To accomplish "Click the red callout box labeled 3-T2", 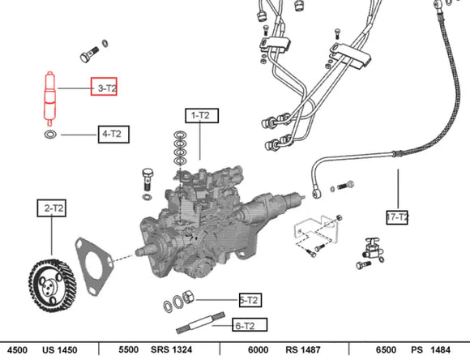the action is click(104, 87).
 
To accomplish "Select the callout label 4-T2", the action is click(113, 134).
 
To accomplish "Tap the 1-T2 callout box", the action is click(202, 115).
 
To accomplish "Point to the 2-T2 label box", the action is click(52, 208).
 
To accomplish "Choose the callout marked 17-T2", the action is click(397, 217).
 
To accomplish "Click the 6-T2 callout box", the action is click(250, 325).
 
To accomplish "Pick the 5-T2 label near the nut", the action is click(250, 300).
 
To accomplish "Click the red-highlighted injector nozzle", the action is click(50, 98).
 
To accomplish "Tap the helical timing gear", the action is click(53, 285).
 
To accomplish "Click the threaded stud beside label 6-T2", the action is click(200, 323).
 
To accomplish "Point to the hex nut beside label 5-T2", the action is click(188, 297).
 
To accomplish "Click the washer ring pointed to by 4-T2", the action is click(50, 134).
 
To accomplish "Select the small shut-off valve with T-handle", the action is click(373, 249).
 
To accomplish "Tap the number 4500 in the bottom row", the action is click(17, 349).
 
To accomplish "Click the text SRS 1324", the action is click(172, 349).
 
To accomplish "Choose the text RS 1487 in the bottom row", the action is click(303, 349).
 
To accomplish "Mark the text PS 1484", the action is click(430, 349).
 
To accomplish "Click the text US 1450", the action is click(60, 349).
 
